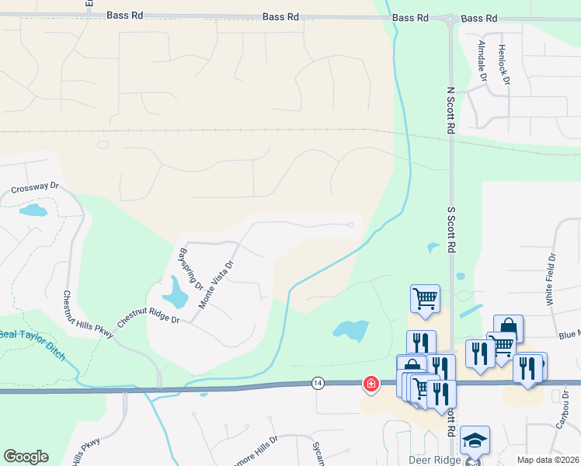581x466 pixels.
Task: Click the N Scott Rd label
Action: click(450, 111)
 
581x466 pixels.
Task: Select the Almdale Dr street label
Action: click(482, 61)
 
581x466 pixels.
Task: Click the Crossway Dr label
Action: click(35, 188)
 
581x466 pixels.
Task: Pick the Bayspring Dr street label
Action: click(190, 268)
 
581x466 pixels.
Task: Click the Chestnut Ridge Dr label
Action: click(148, 315)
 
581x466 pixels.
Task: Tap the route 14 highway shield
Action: click(318, 383)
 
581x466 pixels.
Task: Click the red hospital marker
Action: click(371, 384)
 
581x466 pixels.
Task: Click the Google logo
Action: click(26, 457)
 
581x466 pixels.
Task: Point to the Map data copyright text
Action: click(547, 460)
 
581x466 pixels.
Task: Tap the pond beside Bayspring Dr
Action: click(176, 293)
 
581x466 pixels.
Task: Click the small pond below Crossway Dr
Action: click(33, 210)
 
